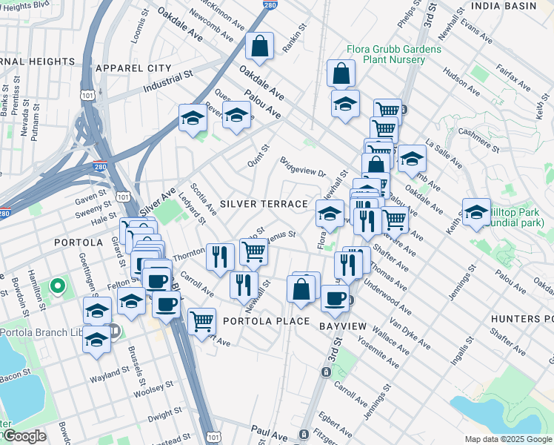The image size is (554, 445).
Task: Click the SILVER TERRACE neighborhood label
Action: tap(263, 204)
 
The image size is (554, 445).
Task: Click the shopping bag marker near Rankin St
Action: tap(260, 47)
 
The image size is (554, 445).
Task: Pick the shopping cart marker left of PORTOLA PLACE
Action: tap(201, 321)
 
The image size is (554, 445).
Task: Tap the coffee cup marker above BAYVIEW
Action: tap(335, 298)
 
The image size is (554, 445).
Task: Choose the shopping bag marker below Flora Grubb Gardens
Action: tap(341, 73)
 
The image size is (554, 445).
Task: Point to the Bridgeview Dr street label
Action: tap(302, 167)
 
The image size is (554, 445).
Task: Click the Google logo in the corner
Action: tap(24, 436)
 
